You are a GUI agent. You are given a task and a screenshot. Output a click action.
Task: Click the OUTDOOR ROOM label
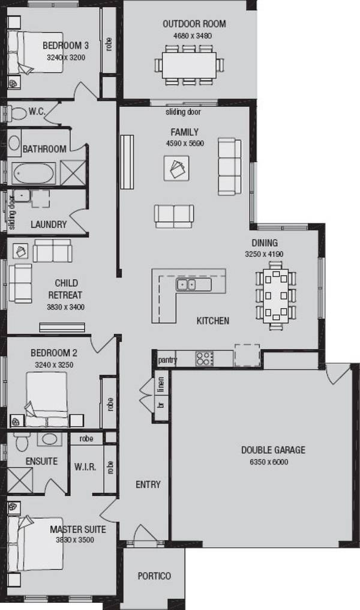[x=194, y=24]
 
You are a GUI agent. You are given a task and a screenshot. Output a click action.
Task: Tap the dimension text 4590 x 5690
[x=185, y=143]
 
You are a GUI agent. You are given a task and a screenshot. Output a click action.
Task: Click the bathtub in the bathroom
[x=34, y=174]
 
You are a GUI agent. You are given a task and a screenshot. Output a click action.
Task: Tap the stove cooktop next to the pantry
[x=205, y=358]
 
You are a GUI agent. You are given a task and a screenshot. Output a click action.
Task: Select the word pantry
[x=167, y=360]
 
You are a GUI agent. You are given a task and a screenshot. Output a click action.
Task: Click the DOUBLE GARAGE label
[x=273, y=450]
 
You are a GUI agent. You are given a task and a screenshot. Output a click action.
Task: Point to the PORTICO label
[x=154, y=576]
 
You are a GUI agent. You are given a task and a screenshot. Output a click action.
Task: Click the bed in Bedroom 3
[x=36, y=52]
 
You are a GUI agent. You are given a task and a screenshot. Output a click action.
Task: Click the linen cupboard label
[x=160, y=384]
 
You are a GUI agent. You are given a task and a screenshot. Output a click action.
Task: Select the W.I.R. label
[x=85, y=467]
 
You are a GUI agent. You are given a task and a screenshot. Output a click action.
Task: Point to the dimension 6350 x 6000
[x=273, y=462]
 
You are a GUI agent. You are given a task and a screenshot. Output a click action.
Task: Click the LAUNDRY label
[x=49, y=225]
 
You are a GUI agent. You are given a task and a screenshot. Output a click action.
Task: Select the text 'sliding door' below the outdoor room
[x=183, y=112]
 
